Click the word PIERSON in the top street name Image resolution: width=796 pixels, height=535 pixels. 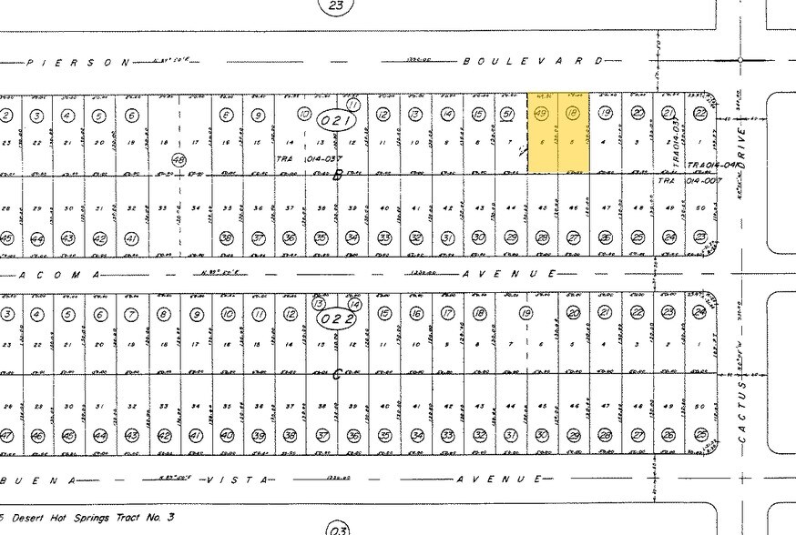[x=79, y=63]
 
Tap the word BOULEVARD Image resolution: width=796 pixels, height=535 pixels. [x=532, y=61]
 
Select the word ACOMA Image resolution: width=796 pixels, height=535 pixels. [x=60, y=273]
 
